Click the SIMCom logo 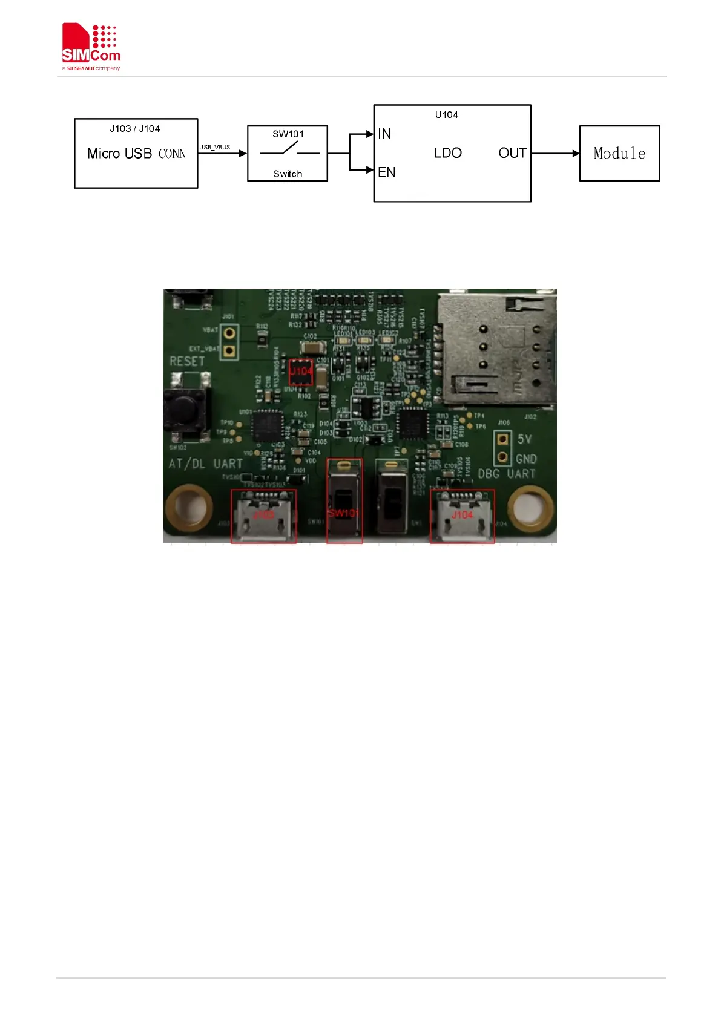tap(91, 47)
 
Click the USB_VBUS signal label tap(215, 147)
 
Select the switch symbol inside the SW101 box tap(289, 149)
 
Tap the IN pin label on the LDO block tap(384, 134)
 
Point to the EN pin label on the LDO tap(386, 172)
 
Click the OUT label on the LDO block tap(512, 153)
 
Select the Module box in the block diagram tap(619, 153)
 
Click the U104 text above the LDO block tap(446, 115)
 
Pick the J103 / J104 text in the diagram tap(135, 129)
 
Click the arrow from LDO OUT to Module tap(555, 153)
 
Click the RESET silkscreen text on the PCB tap(187, 361)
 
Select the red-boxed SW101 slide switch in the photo tap(344, 500)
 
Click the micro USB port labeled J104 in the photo tap(462, 516)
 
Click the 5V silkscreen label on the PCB tap(524, 439)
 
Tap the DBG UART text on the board tap(507, 474)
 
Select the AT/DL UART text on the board tap(205, 464)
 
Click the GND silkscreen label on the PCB tap(526, 459)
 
